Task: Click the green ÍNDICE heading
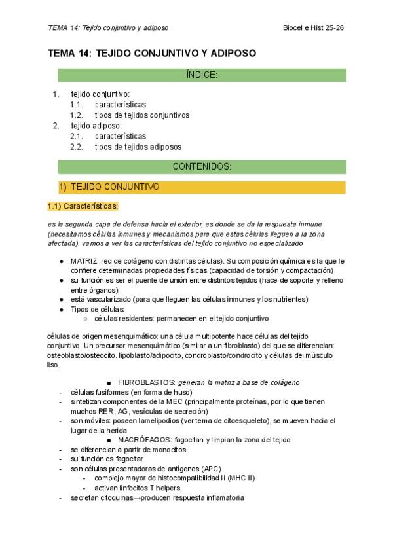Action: click(x=202, y=75)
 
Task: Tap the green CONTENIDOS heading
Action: click(x=202, y=166)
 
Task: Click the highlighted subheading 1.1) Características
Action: click(x=83, y=206)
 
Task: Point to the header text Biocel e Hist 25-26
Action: click(x=314, y=28)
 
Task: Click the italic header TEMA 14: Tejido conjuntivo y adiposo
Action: click(x=108, y=28)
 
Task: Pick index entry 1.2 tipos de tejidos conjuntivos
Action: click(x=141, y=115)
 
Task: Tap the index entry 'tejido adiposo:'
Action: click(x=96, y=126)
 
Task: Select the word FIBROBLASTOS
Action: click(x=145, y=382)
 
